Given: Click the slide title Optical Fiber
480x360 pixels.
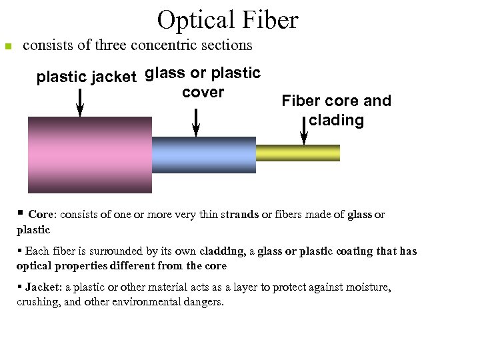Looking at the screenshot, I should [227, 21].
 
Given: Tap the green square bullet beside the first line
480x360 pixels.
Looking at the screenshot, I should [8, 47].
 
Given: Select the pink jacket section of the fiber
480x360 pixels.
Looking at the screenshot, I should [89, 154].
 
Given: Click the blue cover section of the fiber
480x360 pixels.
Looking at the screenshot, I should [203, 155].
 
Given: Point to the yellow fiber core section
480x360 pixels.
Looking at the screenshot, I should [297, 153].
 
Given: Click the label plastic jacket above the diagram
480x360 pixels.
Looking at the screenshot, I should [86, 77].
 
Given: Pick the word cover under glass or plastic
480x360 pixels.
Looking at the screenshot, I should [203, 93].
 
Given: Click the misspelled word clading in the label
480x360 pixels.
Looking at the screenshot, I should [336, 121].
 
